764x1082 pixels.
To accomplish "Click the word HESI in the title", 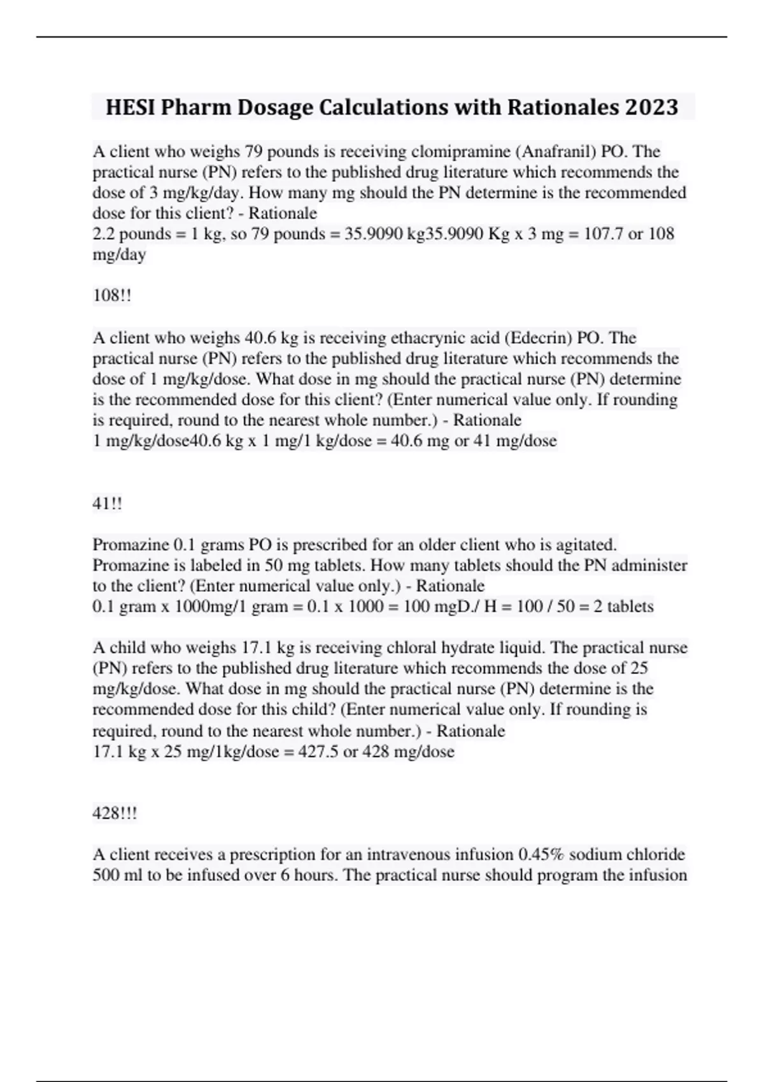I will click(x=131, y=107).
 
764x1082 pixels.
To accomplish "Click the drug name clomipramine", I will click(x=461, y=151).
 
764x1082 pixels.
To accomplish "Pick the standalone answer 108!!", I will click(x=112, y=295).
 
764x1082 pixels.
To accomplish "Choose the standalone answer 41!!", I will click(x=107, y=503).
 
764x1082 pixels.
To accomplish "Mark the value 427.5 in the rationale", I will click(x=318, y=752).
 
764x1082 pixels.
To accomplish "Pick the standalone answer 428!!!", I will click(x=115, y=813).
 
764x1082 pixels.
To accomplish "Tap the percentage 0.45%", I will click(x=537, y=854).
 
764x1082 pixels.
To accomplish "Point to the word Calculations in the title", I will click(x=410, y=107).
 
